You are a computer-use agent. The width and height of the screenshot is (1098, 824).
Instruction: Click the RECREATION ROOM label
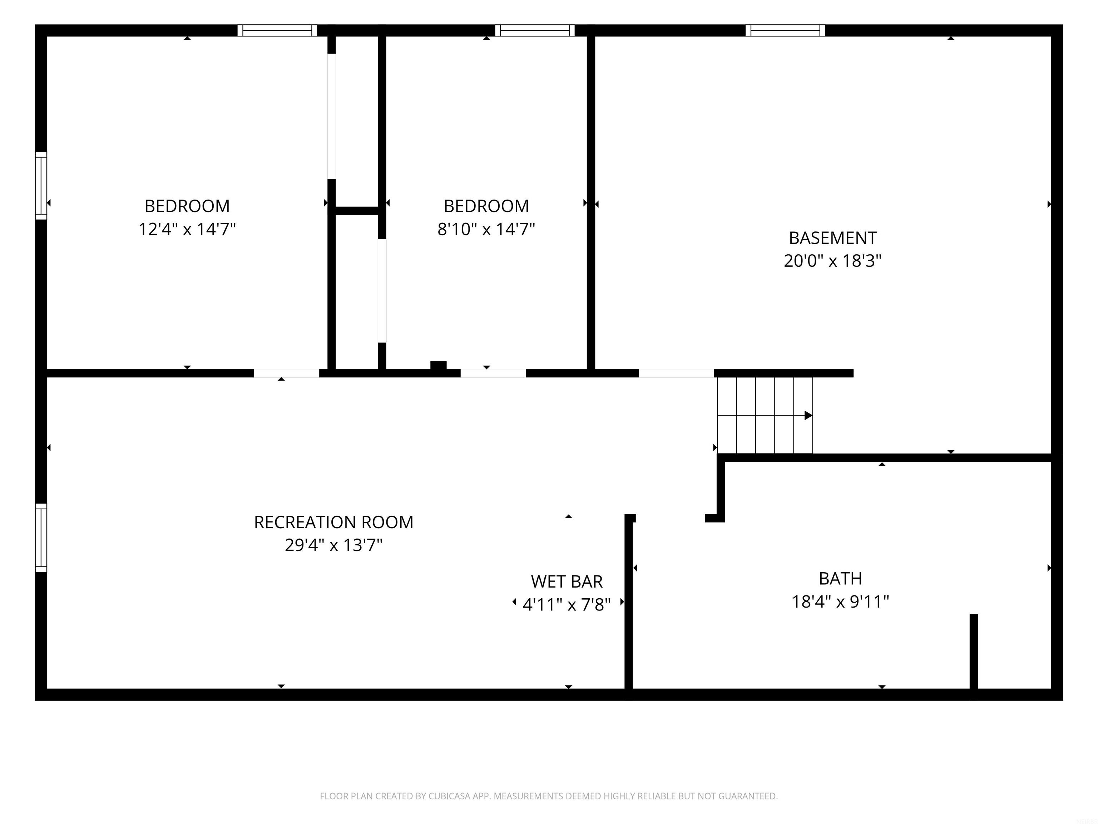(x=333, y=522)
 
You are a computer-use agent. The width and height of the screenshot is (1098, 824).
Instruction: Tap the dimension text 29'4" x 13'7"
(x=333, y=545)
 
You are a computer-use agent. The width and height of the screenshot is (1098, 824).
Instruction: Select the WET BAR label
(x=567, y=581)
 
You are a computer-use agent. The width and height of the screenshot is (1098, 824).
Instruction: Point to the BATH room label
(x=840, y=578)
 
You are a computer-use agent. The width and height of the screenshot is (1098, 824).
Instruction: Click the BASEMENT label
(x=833, y=238)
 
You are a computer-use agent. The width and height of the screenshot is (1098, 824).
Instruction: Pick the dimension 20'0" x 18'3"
(x=833, y=261)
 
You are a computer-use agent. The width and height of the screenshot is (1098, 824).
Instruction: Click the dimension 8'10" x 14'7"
(x=486, y=229)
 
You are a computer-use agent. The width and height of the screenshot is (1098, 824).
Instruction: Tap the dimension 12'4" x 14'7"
(x=187, y=229)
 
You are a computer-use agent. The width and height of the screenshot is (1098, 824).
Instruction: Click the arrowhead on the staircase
(x=808, y=415)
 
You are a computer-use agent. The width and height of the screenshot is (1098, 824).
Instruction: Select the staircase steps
(x=765, y=415)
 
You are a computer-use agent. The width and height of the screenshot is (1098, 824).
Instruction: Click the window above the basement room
(x=785, y=30)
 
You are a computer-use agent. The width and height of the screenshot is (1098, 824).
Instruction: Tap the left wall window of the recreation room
(x=41, y=538)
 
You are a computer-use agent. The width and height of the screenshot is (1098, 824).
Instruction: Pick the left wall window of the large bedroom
(x=41, y=185)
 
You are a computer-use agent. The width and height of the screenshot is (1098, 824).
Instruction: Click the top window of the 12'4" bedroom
(x=277, y=30)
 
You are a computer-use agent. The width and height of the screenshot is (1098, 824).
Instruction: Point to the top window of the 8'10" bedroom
(x=535, y=30)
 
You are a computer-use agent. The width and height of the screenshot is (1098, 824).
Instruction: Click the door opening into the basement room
(x=676, y=373)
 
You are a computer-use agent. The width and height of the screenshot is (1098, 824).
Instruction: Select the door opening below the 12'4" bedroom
(x=286, y=373)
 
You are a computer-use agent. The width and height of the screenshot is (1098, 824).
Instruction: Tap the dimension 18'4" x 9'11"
(x=840, y=602)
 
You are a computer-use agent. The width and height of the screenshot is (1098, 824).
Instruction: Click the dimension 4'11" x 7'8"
(x=567, y=604)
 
